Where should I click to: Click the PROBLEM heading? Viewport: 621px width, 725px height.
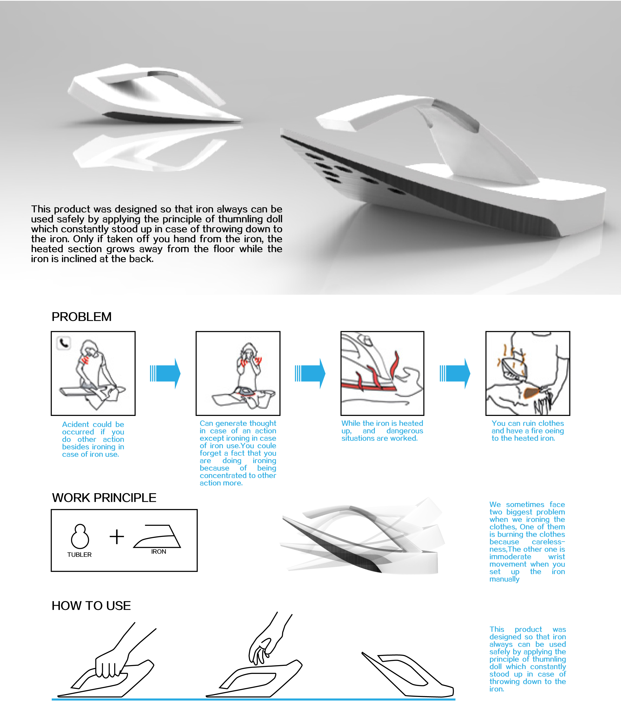coord(81,317)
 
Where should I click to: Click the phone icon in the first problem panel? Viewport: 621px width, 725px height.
coord(63,343)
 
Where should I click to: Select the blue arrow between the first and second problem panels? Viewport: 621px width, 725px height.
coord(165,373)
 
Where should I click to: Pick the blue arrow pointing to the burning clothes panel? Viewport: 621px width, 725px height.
coord(455,373)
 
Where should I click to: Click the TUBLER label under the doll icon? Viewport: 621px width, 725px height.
coord(79,555)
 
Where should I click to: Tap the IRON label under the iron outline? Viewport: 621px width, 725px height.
coord(158,551)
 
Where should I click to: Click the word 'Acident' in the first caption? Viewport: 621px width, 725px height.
coord(75,424)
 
